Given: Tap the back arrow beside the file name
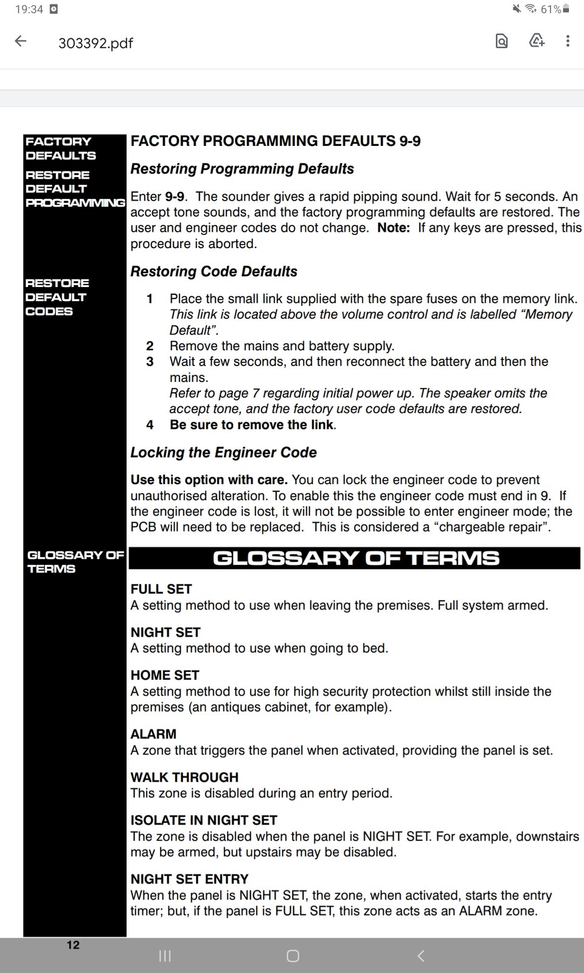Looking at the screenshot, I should tap(21, 41).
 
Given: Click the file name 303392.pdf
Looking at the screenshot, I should tap(96, 43).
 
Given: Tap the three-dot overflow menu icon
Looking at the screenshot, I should tap(568, 41).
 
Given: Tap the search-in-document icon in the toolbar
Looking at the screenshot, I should tap(502, 41).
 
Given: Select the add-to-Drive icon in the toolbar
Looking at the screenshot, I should tap(537, 41).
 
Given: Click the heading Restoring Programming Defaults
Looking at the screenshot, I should tap(242, 169).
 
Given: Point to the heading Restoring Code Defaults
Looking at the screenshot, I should tap(214, 272).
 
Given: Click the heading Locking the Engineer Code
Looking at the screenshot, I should tap(223, 452).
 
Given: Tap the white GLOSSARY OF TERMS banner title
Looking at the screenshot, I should tap(356, 558).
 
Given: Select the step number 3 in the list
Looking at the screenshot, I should tap(150, 362).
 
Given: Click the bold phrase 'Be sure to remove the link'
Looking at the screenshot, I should tap(251, 425).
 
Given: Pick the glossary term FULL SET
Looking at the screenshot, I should tap(161, 589).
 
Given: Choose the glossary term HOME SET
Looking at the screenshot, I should tap(165, 675).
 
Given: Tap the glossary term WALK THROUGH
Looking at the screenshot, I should tap(184, 777).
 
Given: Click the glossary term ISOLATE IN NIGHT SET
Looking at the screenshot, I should tap(204, 820).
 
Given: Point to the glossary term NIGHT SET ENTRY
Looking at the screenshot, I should tap(190, 879).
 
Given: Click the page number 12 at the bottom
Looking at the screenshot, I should tap(73, 945).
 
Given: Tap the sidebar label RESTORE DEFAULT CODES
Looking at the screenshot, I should tap(57, 297).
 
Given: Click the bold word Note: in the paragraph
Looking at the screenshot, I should tap(394, 228).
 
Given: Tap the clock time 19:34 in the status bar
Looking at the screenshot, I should tap(29, 9).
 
